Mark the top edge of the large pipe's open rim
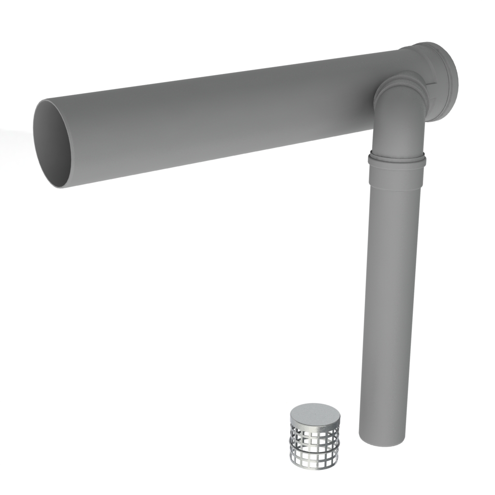pos(44,101)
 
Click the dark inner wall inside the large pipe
pos(48,145)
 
